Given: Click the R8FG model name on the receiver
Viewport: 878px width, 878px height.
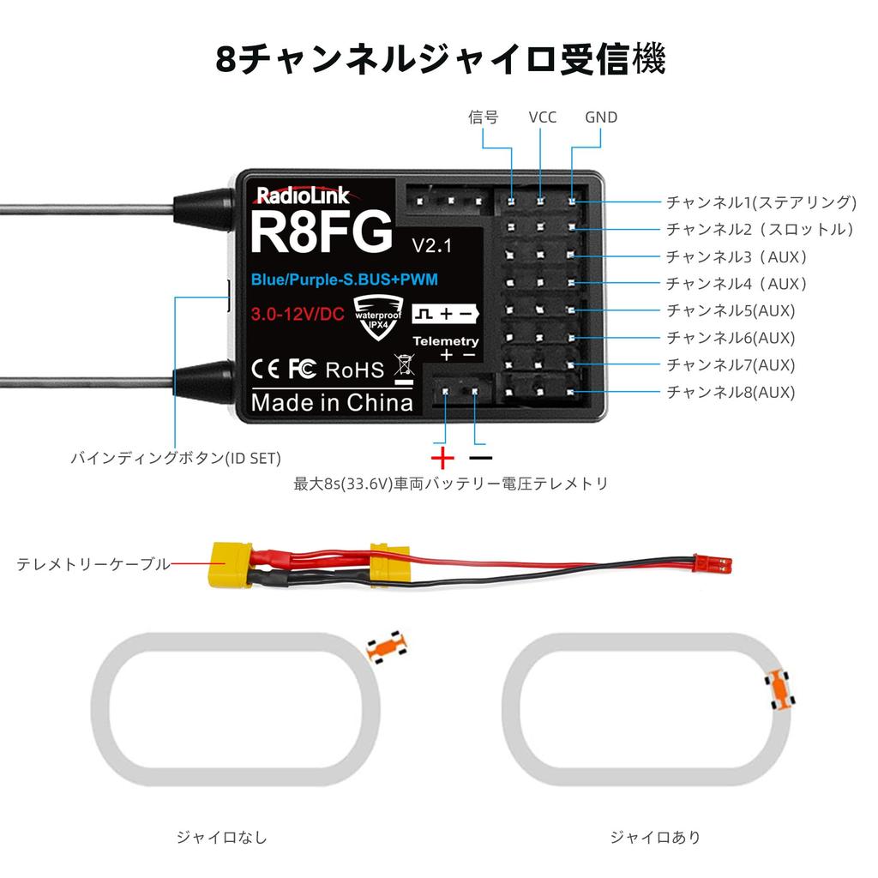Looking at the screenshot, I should (322, 232).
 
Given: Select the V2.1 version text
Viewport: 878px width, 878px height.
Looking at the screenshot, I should (431, 245).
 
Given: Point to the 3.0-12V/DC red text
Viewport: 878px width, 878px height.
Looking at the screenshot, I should (298, 315).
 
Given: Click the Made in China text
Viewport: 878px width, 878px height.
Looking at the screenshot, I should (332, 402).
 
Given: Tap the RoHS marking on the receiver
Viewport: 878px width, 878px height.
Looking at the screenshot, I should (355, 370).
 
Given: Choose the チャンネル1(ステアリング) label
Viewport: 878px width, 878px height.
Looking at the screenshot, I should (761, 202).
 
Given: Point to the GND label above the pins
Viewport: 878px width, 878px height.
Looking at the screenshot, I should (600, 117).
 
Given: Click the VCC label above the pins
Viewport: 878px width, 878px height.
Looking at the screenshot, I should (542, 117).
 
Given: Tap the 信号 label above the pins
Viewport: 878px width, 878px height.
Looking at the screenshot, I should (483, 117).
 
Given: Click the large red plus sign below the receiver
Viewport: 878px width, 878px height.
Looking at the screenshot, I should (442, 455).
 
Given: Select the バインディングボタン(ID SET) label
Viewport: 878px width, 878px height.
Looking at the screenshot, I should (175, 459).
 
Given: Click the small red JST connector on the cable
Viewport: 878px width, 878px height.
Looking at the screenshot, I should (714, 563).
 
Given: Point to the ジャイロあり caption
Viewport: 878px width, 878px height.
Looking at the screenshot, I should (655, 837).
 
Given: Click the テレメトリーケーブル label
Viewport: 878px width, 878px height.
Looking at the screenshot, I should (93, 564).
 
